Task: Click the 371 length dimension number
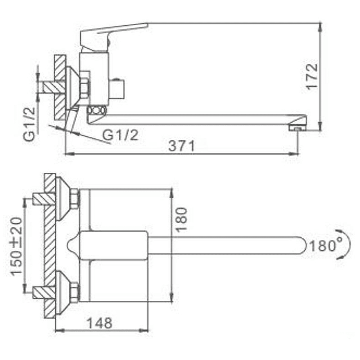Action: (181, 146)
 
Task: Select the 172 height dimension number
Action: (312, 76)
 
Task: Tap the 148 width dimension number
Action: (99, 323)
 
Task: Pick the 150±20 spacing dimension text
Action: (17, 246)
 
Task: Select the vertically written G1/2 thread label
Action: (30, 124)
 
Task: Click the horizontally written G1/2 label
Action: (120, 135)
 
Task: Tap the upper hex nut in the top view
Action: (75, 199)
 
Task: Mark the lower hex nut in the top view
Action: (75, 292)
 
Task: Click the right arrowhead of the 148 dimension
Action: (144, 330)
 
